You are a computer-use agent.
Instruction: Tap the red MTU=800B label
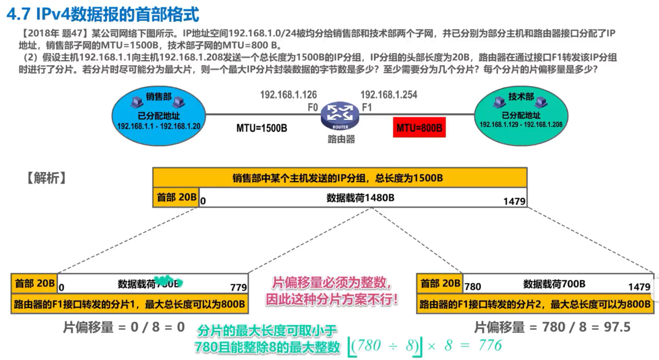[419, 127]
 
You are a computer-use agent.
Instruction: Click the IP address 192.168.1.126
[288, 95]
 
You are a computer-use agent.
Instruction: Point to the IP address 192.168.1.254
[388, 95]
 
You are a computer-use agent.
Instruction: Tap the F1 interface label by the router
[367, 108]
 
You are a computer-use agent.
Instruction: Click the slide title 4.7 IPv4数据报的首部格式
[103, 15]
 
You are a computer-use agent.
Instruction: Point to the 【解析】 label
[46, 178]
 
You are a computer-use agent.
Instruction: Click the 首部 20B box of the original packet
[176, 198]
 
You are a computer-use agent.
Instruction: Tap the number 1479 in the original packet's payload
[514, 201]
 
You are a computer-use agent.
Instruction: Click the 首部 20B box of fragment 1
[34, 283]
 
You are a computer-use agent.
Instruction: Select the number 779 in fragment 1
[238, 287]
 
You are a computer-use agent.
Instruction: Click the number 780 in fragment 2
[472, 286]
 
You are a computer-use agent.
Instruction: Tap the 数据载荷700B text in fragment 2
[554, 284]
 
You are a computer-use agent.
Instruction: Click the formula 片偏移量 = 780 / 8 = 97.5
[552, 327]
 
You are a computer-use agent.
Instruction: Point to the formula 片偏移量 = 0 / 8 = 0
[124, 327]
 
